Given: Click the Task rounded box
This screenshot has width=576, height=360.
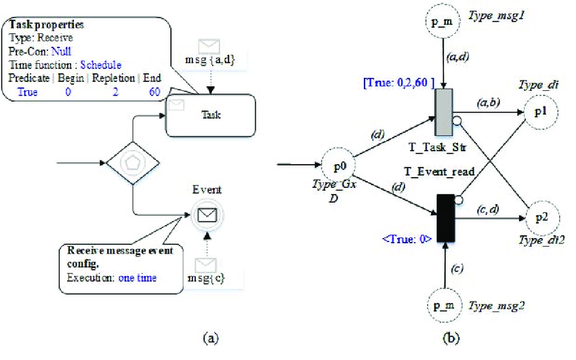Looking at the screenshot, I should tap(211, 115).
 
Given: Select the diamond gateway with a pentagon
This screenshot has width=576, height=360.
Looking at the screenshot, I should tap(133, 163).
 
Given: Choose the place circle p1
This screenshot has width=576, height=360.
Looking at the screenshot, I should tap(539, 111).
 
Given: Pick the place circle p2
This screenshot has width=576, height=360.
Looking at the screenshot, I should tap(539, 218).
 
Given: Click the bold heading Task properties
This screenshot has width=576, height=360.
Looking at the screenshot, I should tap(46, 25).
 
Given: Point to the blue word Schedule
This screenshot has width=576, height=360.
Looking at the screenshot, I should tap(101, 65).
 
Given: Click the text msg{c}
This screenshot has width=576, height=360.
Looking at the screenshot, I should tap(205, 277).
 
